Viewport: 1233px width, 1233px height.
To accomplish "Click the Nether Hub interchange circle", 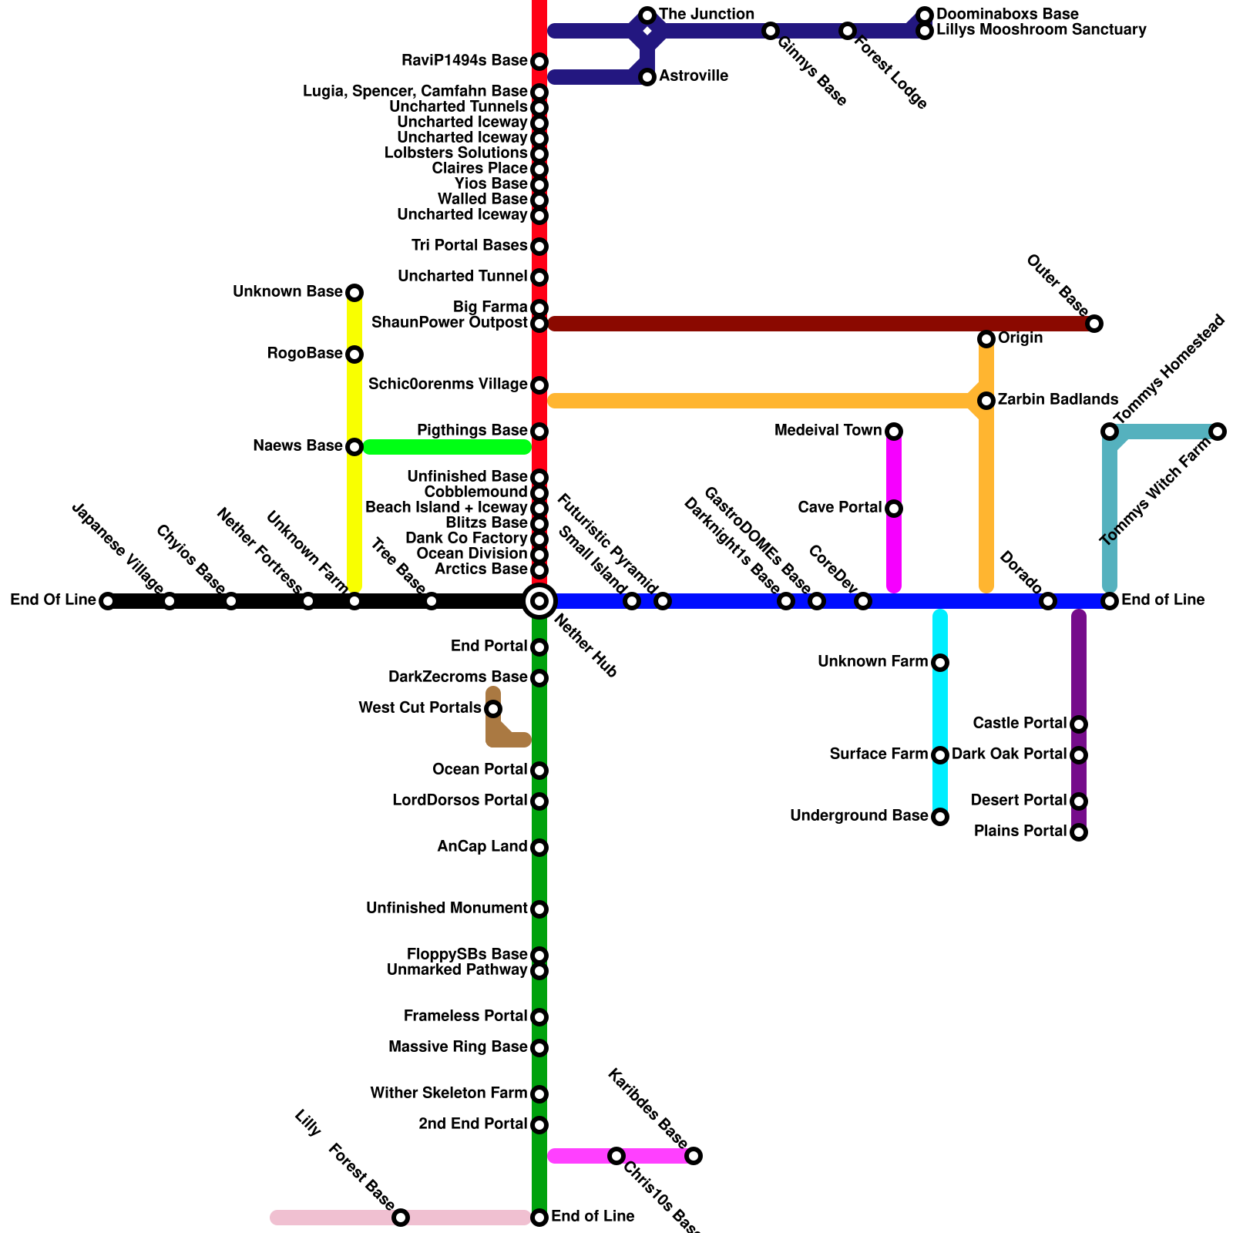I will [x=539, y=601].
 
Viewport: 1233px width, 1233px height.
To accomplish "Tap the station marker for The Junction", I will [x=647, y=15].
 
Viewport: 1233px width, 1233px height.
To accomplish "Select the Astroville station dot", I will [x=647, y=77].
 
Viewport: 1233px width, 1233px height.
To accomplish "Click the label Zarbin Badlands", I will [x=1057, y=400].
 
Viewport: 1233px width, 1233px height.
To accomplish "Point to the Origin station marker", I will [x=986, y=339].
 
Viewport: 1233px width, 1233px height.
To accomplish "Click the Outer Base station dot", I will [x=1094, y=324].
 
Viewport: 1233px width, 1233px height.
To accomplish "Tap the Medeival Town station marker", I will [x=894, y=432].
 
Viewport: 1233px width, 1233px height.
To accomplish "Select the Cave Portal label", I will [x=839, y=508].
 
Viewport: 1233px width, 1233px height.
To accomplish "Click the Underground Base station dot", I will [x=940, y=817].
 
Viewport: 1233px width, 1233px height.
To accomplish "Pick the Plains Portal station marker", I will [x=1079, y=832].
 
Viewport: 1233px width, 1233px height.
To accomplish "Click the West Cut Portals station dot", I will [x=493, y=709].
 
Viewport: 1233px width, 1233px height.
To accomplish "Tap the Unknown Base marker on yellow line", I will [x=354, y=293].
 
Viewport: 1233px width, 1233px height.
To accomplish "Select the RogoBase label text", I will [x=304, y=354].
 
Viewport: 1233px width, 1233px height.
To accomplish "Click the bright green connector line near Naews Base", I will [x=447, y=447].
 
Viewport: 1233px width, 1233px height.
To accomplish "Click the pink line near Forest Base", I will [x=331, y=1218].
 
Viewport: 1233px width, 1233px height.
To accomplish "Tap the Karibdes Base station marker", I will [x=694, y=1156].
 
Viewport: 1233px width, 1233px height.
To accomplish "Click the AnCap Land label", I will [x=482, y=847].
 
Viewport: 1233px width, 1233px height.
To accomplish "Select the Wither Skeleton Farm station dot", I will [x=539, y=1094].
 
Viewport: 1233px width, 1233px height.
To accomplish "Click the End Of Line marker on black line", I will [x=108, y=601].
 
